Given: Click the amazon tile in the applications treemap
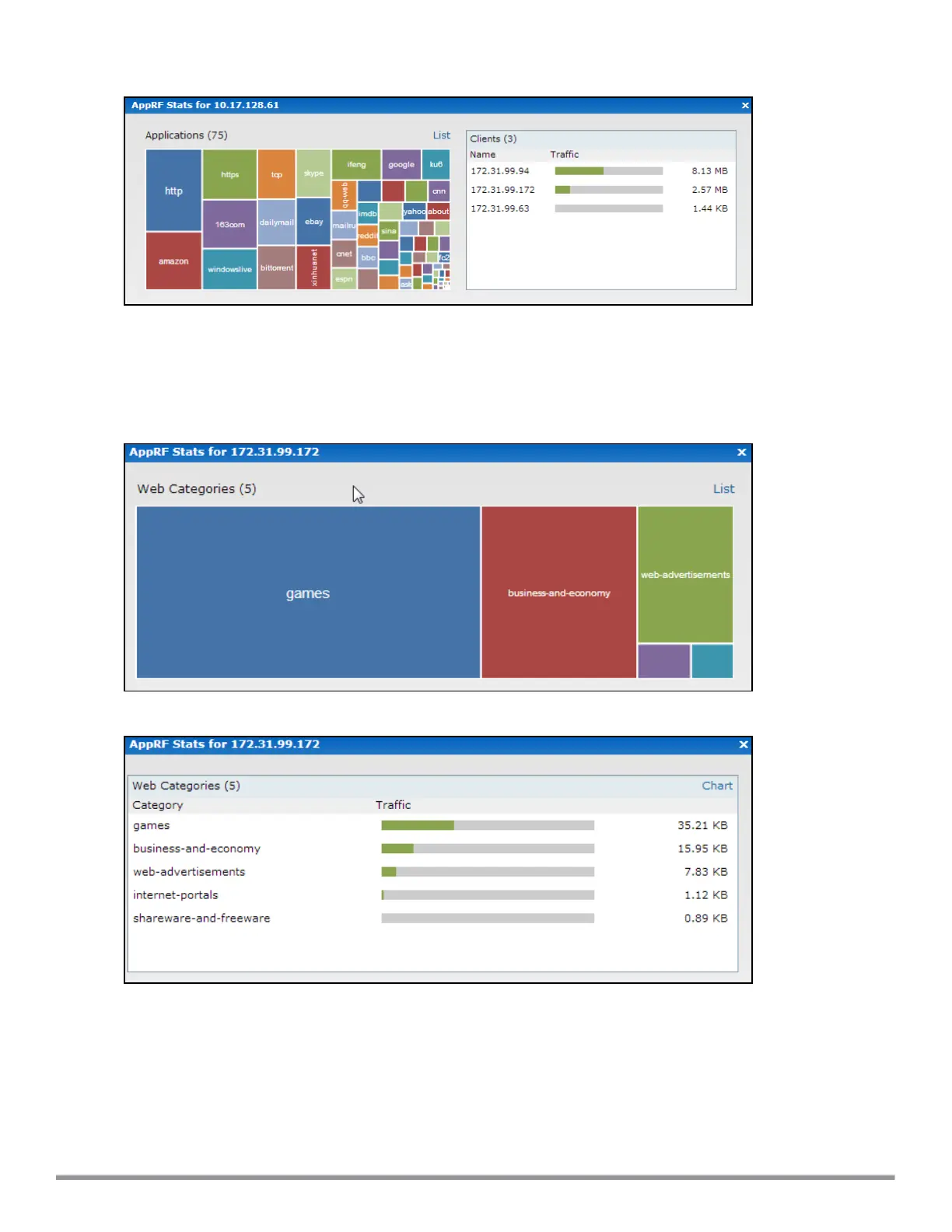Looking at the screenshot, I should coord(173,261).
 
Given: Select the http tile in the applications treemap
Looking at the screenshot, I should coord(173,191).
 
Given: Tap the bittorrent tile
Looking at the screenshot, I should coord(277,268).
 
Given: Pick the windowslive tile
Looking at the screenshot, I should coord(229,269).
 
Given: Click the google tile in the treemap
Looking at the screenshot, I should coord(401,164).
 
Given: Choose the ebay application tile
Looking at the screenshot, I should coord(313,222).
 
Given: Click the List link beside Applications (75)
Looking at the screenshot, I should coord(441,135).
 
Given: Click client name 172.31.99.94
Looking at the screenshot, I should coord(500,171).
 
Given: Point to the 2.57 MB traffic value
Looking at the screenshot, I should coord(709,190).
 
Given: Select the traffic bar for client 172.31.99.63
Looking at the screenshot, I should coord(609,208).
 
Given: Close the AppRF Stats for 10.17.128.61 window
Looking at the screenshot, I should coord(745,106).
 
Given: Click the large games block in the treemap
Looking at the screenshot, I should coord(308,593).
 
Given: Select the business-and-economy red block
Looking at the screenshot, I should coord(558,593).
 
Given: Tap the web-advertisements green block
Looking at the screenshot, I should coord(685,575).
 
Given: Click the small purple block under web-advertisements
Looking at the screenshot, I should coord(663,661).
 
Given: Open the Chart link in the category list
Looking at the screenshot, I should coord(717,786).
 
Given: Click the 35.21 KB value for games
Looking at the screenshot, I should coord(702,825).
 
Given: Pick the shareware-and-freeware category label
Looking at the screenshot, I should coord(201,918).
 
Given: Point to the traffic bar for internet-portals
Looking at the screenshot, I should coord(488,895).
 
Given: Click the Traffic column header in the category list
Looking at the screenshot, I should coord(393,805).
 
